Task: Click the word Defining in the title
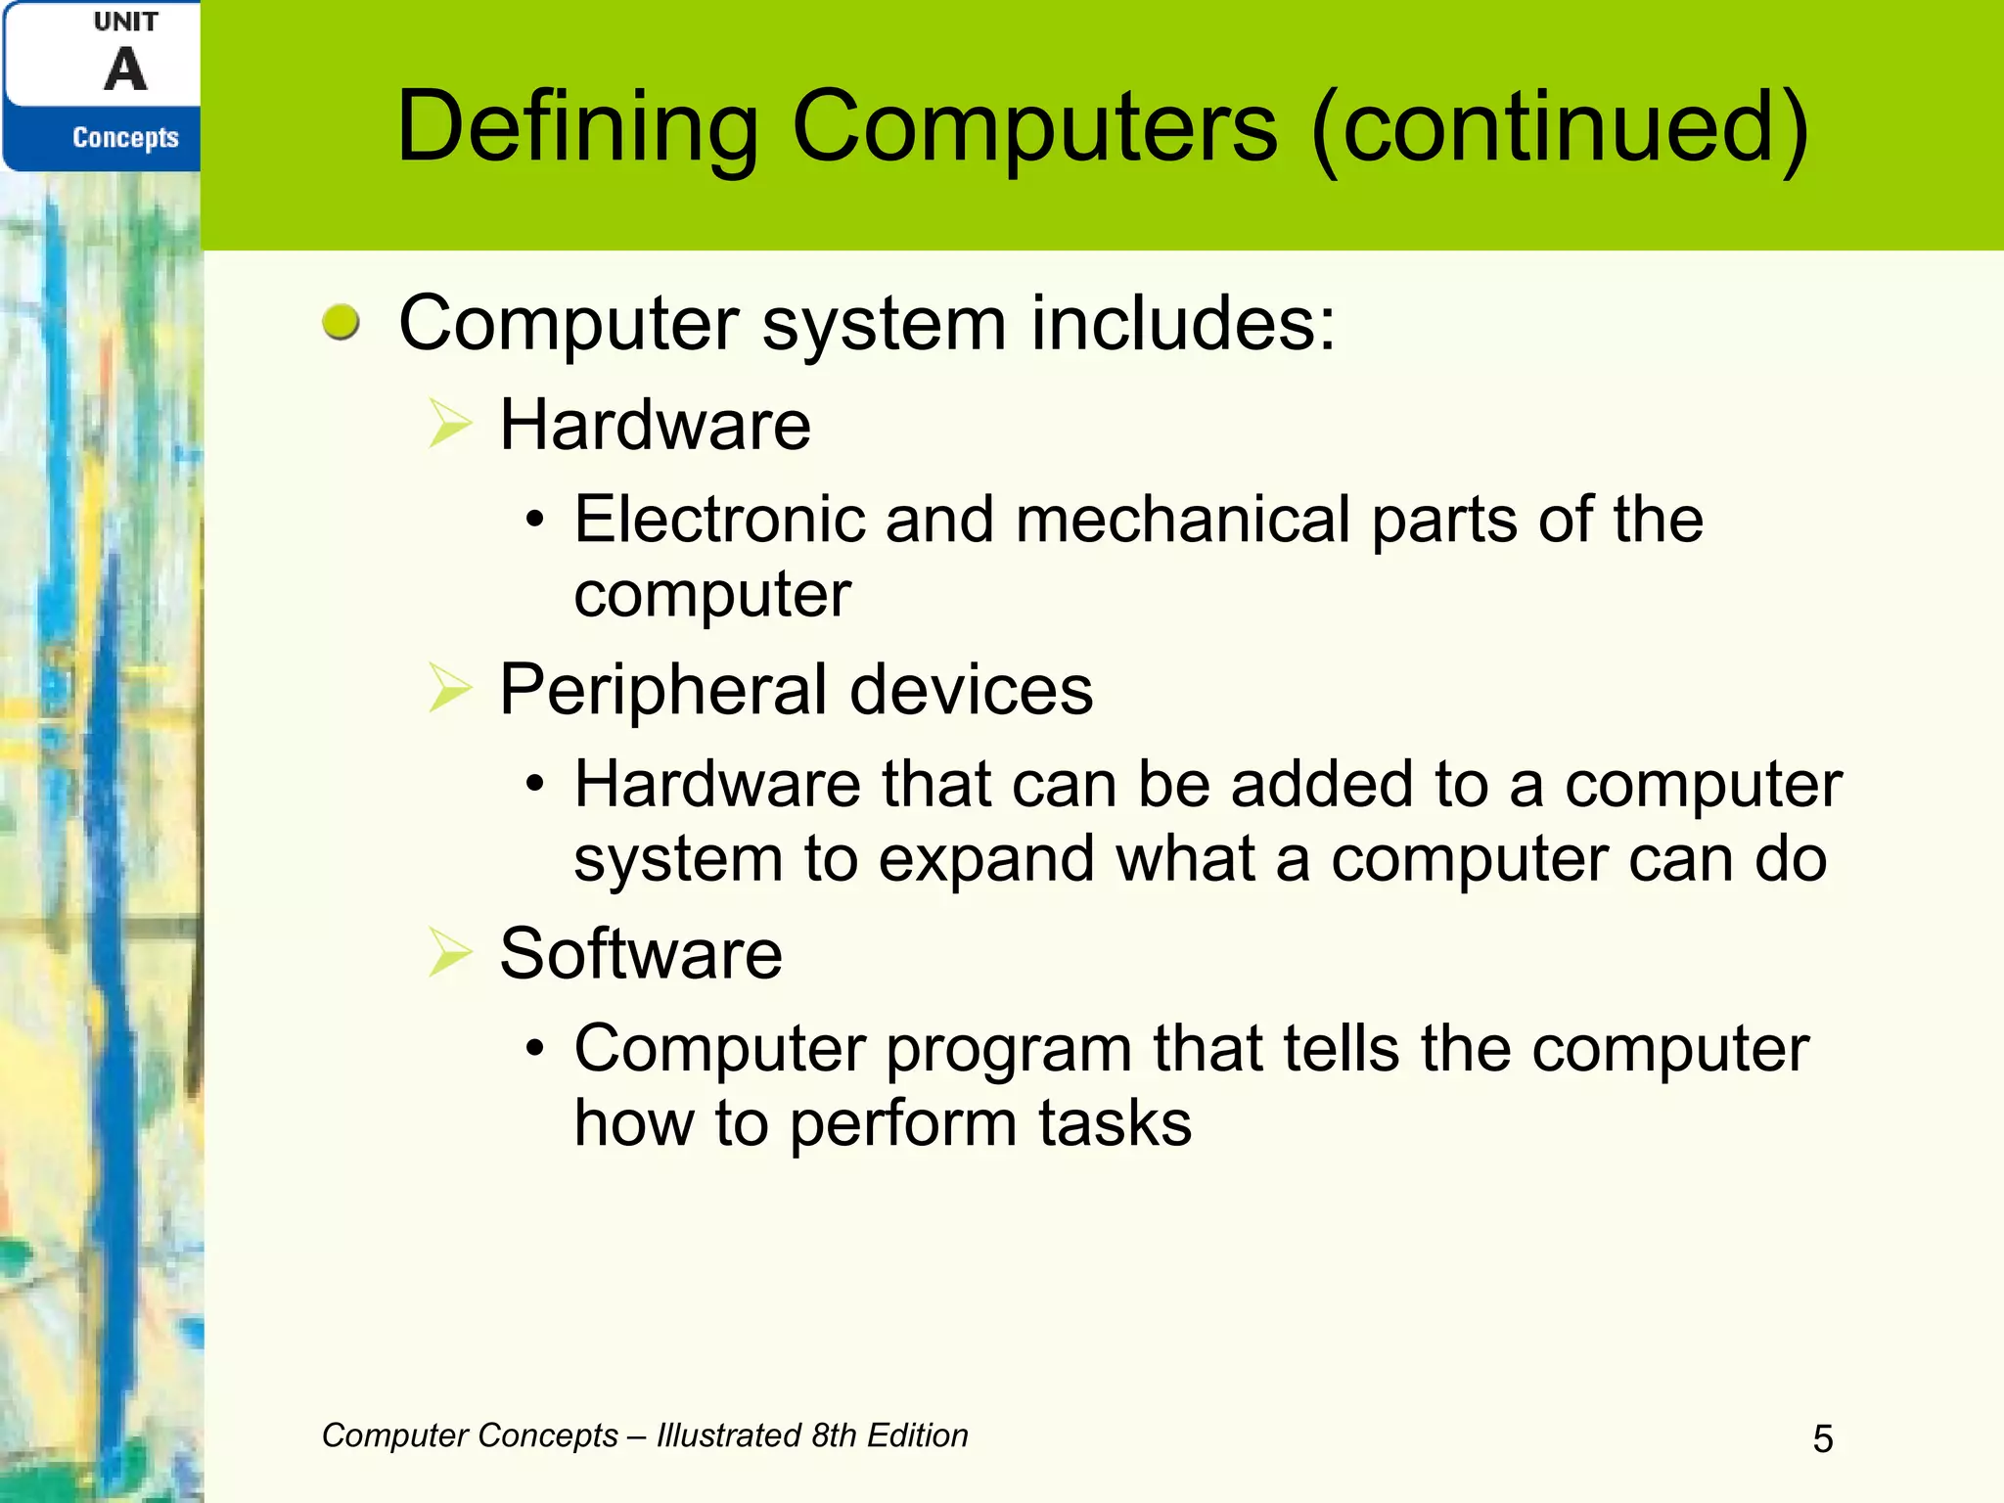(x=577, y=127)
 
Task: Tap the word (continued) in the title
(x=1560, y=127)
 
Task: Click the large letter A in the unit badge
(x=125, y=70)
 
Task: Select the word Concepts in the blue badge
(x=125, y=138)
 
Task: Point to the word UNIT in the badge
(x=125, y=22)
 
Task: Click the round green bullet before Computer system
(x=341, y=322)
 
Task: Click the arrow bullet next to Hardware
(x=450, y=425)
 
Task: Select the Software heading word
(x=641, y=954)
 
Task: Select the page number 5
(x=1823, y=1438)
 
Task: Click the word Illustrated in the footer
(x=729, y=1435)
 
